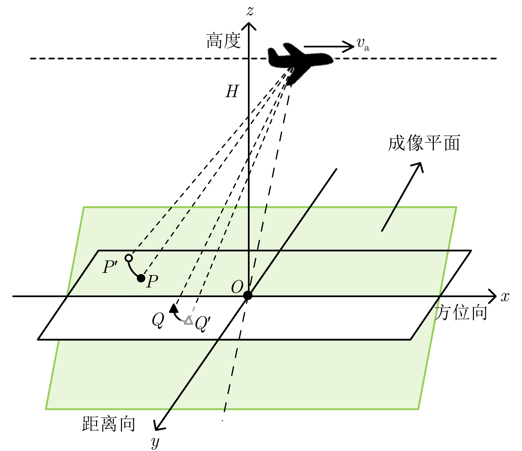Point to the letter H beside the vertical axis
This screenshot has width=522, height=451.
(x=232, y=92)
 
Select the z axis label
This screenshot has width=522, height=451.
(x=250, y=11)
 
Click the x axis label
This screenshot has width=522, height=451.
(x=505, y=296)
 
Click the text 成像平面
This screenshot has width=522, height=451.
(x=424, y=143)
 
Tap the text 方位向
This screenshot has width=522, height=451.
(x=461, y=313)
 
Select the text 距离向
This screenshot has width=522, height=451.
(x=109, y=424)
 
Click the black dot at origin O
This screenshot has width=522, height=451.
(x=248, y=295)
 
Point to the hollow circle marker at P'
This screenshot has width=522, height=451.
(x=129, y=258)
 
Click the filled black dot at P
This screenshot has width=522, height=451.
(x=141, y=278)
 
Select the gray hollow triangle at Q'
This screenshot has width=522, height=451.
(x=188, y=320)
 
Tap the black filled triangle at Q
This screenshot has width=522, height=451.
(x=173, y=308)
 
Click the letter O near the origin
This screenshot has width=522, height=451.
(x=237, y=287)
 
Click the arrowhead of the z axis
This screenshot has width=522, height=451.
(x=249, y=25)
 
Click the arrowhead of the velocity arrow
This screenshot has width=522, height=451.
(x=351, y=46)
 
